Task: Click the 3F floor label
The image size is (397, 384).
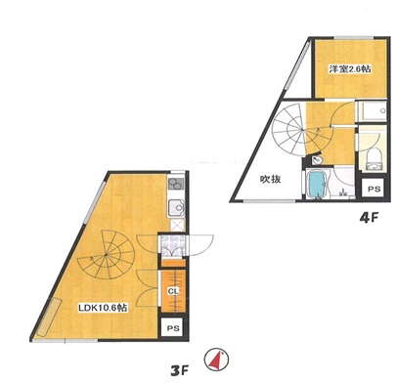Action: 180,370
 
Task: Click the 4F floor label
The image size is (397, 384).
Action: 369,218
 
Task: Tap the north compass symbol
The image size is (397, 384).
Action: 216,360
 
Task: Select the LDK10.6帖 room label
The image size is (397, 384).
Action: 103,308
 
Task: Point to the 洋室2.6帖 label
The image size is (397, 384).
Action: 350,69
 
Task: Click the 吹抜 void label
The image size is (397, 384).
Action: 270,179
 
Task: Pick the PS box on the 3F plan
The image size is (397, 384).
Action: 173,328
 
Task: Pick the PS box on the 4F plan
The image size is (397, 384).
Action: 374,189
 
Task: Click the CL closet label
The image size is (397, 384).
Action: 173,291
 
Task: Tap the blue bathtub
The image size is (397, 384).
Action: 317,185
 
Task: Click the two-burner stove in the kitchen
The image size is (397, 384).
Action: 176,185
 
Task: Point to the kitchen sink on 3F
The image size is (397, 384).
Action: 176,208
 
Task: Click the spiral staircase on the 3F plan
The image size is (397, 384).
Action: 107,255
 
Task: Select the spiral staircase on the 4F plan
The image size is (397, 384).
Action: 297,130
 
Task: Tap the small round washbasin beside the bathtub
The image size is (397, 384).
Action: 316,160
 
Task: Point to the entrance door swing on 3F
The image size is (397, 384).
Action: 200,245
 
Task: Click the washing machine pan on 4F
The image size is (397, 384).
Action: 373,111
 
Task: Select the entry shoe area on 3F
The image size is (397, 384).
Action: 172,245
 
